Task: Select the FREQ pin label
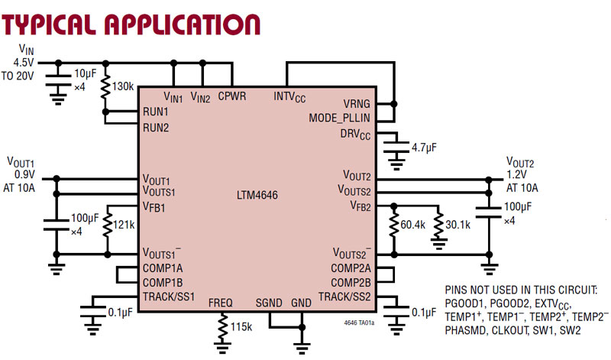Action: pos(221,303)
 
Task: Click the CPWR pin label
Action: pos(231,97)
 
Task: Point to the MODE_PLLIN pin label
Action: pos(340,118)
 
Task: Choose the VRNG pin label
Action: pos(356,104)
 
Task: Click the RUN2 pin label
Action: pos(156,127)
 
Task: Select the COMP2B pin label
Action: pos(351,282)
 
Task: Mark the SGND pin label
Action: pos(269,303)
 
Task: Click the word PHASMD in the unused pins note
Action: pos(466,331)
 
